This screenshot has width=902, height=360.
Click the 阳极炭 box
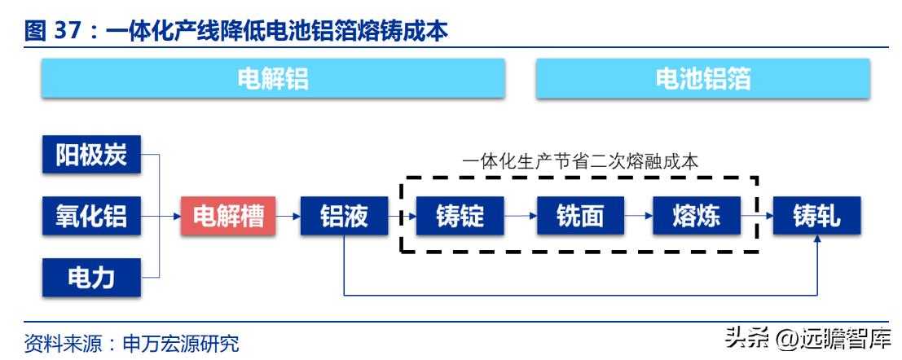tap(91, 155)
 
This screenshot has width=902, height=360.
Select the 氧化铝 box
tap(91, 216)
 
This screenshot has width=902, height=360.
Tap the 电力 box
tap(91, 277)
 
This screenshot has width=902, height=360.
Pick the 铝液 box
tap(344, 216)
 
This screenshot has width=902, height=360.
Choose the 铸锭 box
tap(460, 216)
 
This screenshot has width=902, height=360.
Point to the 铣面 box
tap(580, 216)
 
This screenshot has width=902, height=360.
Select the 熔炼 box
tap(697, 216)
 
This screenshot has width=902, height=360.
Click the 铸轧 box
tap(816, 216)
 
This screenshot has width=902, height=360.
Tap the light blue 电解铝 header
tap(273, 79)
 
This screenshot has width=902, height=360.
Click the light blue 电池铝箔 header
tap(702, 79)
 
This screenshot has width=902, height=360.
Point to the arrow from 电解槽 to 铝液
tap(288, 216)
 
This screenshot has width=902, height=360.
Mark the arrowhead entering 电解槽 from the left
tap(177, 216)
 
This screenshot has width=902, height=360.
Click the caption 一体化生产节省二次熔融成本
tap(580, 161)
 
